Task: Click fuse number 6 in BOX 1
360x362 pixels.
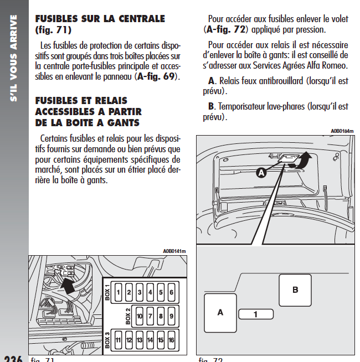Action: [x=171, y=292]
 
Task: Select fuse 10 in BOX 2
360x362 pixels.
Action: [x=140, y=316]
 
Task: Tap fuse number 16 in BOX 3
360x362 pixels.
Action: [x=171, y=340]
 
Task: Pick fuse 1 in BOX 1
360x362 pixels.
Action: [x=118, y=292]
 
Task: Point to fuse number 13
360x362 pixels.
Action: [x=140, y=340]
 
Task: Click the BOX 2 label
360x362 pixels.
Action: [x=128, y=316]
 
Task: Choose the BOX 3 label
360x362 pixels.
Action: [x=107, y=340]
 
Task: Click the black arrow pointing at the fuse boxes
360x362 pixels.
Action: [x=68, y=285]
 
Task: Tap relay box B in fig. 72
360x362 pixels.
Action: [x=295, y=289]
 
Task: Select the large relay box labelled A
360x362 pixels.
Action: [x=220, y=313]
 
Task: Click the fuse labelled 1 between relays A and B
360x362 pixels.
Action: [x=255, y=314]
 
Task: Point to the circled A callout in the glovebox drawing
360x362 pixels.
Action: [x=261, y=173]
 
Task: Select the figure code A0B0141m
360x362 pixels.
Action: [x=174, y=251]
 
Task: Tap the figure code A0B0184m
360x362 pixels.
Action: [x=342, y=131]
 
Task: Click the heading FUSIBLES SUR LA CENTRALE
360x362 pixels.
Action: [x=100, y=19]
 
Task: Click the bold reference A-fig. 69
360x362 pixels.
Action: [x=158, y=76]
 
